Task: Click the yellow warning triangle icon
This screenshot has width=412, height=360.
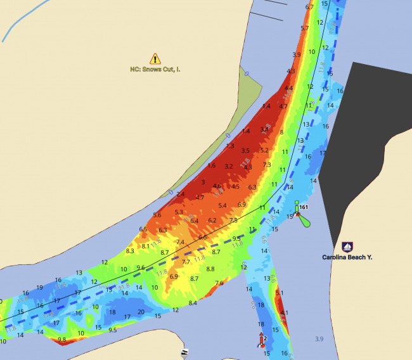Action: (x=155, y=58)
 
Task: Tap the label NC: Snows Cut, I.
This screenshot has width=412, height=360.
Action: (x=155, y=68)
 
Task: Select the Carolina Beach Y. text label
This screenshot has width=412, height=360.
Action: (x=347, y=257)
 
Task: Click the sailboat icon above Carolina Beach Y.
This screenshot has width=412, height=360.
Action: (x=347, y=246)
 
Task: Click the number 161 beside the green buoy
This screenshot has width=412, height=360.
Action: (x=304, y=207)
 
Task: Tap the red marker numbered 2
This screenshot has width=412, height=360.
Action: (x=261, y=341)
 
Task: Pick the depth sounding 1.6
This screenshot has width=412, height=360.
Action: (x=212, y=165)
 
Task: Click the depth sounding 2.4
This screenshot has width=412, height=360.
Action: (x=181, y=194)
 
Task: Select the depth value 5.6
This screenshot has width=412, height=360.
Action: (x=157, y=215)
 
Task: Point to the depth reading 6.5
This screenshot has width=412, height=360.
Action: (x=143, y=229)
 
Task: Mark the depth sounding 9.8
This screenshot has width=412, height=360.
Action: (x=61, y=340)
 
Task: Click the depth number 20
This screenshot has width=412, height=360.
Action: (x=141, y=312)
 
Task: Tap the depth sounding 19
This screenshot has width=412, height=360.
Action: (x=40, y=287)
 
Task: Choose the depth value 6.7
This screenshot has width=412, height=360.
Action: (x=309, y=7)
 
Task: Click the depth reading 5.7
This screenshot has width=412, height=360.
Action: (x=305, y=28)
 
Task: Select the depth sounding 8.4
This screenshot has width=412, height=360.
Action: (x=193, y=303)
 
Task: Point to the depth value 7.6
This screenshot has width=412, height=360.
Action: (x=219, y=283)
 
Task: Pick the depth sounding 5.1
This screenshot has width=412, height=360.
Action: (x=280, y=293)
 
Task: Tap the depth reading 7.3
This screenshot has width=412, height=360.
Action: (x=267, y=164)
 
